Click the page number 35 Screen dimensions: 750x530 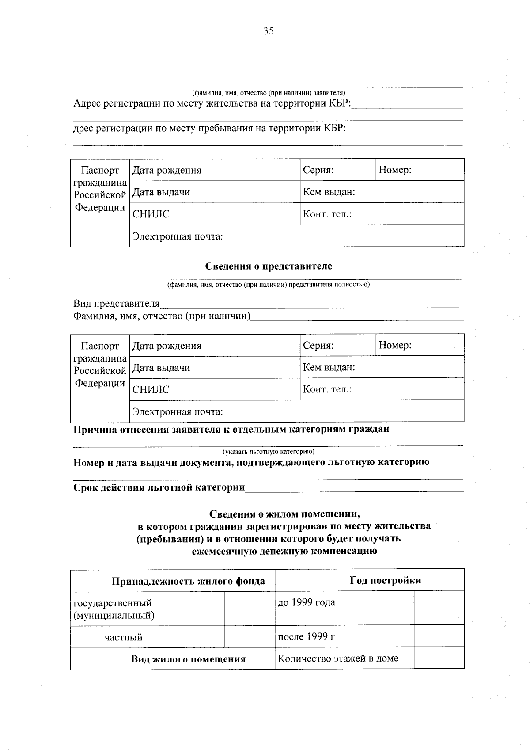click(269, 31)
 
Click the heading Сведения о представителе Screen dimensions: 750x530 click(269, 266)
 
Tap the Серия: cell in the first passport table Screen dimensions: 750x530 click(337, 170)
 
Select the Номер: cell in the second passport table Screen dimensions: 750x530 click(420, 345)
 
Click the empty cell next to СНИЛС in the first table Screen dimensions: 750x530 click(256, 214)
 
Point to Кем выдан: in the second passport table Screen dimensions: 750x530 click(382, 367)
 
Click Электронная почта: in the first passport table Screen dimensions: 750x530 click(178, 236)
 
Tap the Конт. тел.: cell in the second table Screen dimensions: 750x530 click(382, 389)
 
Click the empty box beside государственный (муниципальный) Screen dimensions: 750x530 click(250, 609)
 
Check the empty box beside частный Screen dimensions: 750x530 click(250, 637)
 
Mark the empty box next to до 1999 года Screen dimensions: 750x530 click(439, 609)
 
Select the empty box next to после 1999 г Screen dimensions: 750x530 click(439, 637)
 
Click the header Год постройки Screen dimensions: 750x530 click(385, 580)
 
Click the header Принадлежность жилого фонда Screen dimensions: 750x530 click(188, 581)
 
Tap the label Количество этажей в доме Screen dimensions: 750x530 click(338, 659)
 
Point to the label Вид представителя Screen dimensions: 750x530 click(116, 304)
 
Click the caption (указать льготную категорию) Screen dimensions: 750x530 click(269, 452)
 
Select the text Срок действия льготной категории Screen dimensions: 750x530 click(159, 487)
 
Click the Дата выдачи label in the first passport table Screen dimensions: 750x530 click(161, 192)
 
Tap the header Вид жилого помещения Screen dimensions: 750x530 click(188, 659)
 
